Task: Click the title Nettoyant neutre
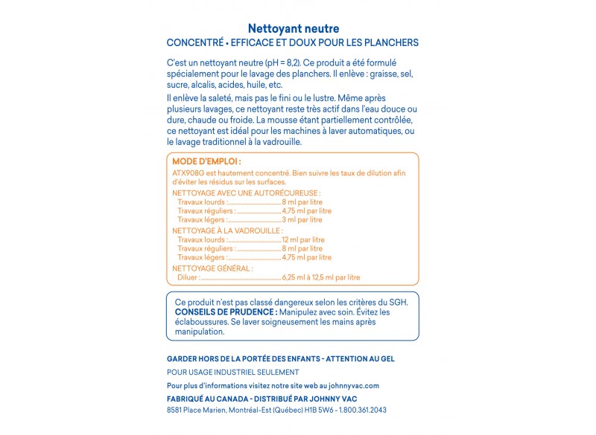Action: tap(293, 28)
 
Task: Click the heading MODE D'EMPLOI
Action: tap(206, 161)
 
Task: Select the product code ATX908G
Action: tap(188, 173)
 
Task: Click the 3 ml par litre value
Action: tap(302, 219)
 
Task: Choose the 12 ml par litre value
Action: tap(303, 239)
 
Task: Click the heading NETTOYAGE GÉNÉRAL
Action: tap(212, 268)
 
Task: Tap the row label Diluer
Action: tap(188, 277)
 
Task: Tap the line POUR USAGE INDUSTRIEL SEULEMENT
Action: tap(232, 372)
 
